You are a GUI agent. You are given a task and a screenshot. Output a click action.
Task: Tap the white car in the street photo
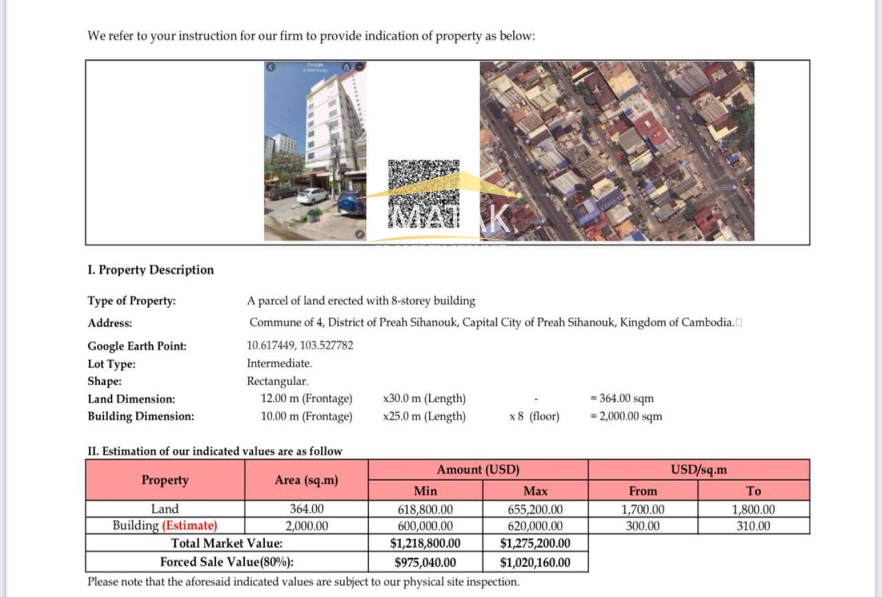pos(312,196)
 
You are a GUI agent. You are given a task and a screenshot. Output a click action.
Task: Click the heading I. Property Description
pos(151,270)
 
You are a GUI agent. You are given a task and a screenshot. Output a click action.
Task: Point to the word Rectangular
pos(278,381)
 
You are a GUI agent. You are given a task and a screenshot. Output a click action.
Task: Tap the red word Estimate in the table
pos(190,525)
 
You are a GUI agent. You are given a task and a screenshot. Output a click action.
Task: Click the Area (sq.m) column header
pos(306,480)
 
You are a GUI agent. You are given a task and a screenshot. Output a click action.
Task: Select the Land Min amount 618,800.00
pos(425,509)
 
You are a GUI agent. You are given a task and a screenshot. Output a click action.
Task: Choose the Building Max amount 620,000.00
pos(535,526)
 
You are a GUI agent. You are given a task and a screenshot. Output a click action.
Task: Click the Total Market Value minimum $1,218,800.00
pos(425,543)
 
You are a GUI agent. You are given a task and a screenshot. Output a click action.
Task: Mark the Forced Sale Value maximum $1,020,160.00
pos(535,562)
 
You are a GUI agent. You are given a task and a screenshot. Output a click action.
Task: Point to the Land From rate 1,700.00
pos(643,509)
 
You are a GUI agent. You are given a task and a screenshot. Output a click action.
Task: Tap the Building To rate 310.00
pos(753,526)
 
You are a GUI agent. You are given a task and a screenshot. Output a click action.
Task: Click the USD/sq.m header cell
pos(699,470)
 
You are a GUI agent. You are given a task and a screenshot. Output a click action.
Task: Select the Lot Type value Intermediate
pos(279,363)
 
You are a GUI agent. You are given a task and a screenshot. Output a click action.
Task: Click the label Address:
pos(110,323)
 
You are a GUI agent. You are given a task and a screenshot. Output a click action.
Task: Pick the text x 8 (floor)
pos(534,416)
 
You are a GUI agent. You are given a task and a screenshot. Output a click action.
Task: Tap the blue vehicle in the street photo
pos(352,204)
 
